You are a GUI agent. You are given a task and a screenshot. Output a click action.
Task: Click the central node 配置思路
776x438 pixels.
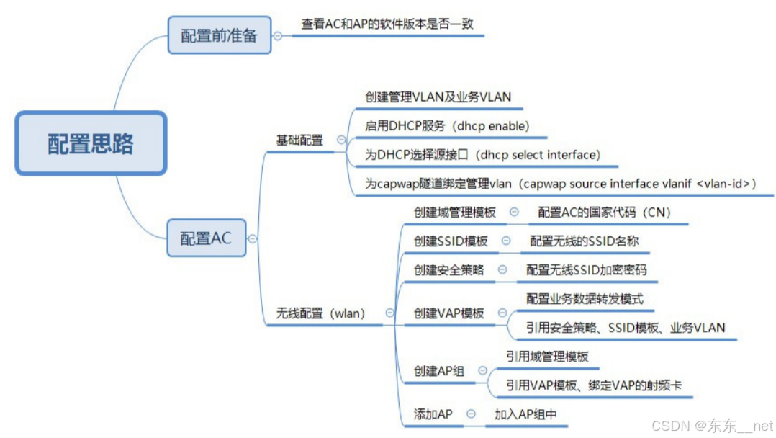pyautogui.click(x=91, y=144)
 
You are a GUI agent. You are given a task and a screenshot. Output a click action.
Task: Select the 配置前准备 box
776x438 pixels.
pyautogui.click(x=219, y=35)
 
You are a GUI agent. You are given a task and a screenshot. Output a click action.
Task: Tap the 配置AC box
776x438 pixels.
pyautogui.click(x=206, y=238)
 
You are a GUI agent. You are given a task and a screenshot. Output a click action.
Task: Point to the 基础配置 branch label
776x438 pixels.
pyautogui.click(x=300, y=140)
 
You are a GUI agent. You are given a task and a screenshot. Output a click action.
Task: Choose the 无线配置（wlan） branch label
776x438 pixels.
pyautogui.click(x=321, y=313)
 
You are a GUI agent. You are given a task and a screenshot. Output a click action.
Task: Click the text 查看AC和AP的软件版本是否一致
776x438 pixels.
pyautogui.click(x=387, y=24)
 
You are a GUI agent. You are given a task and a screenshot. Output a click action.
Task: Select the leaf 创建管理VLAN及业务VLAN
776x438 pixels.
pyautogui.click(x=438, y=97)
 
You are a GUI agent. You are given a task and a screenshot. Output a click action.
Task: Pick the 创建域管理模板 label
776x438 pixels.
pyautogui.click(x=454, y=213)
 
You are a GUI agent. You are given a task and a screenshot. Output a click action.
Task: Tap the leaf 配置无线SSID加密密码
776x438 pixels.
pyautogui.click(x=586, y=270)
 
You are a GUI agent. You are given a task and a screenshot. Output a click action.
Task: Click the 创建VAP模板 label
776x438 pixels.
pyautogui.click(x=449, y=313)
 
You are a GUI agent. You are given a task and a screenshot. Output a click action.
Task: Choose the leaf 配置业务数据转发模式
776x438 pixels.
pyautogui.click(x=585, y=299)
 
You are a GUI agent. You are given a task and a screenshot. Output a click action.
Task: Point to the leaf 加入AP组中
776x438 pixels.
pyautogui.click(x=525, y=414)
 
